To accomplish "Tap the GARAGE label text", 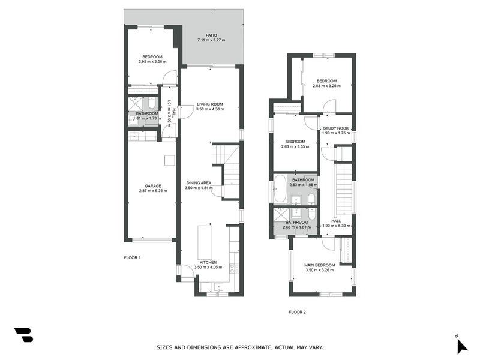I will click(x=152, y=186).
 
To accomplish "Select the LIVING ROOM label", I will click(x=210, y=104).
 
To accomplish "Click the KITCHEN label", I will click(x=208, y=262).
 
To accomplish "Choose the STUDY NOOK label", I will click(x=335, y=128).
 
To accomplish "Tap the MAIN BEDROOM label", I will click(x=319, y=265).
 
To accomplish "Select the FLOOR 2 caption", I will click(x=297, y=312).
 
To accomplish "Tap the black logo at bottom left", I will click(x=23, y=335).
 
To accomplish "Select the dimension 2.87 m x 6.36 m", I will click(x=152, y=191).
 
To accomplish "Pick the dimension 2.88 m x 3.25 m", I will click(x=326, y=86).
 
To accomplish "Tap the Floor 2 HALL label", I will click(x=336, y=220).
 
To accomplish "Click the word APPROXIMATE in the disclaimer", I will click(x=253, y=347).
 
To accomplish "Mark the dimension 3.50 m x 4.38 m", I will click(x=210, y=109).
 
